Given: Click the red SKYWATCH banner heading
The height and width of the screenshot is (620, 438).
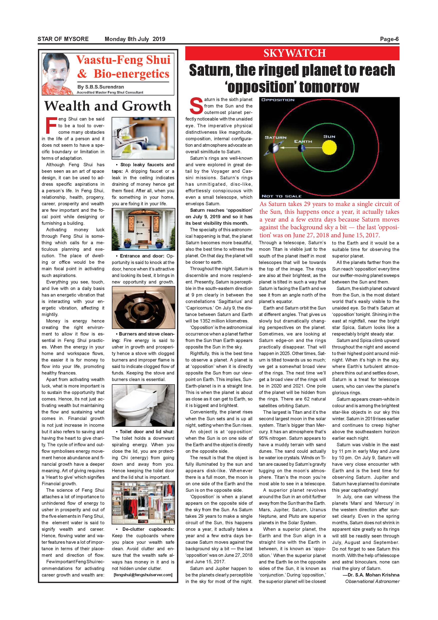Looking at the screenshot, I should [x=294, y=53].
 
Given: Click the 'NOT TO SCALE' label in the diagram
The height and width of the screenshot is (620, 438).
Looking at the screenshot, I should [x=281, y=196].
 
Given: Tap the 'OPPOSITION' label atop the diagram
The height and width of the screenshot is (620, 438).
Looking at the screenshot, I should [x=278, y=100].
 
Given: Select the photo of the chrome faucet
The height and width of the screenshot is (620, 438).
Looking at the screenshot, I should [x=143, y=138].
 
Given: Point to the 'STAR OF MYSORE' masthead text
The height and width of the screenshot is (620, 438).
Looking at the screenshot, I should [x=63, y=39].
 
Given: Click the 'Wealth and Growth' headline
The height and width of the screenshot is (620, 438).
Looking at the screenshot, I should [x=108, y=106].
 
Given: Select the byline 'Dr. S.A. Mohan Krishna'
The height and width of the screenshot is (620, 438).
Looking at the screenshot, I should [x=371, y=575].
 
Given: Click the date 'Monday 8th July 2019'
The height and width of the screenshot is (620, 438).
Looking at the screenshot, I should [x=135, y=39].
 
